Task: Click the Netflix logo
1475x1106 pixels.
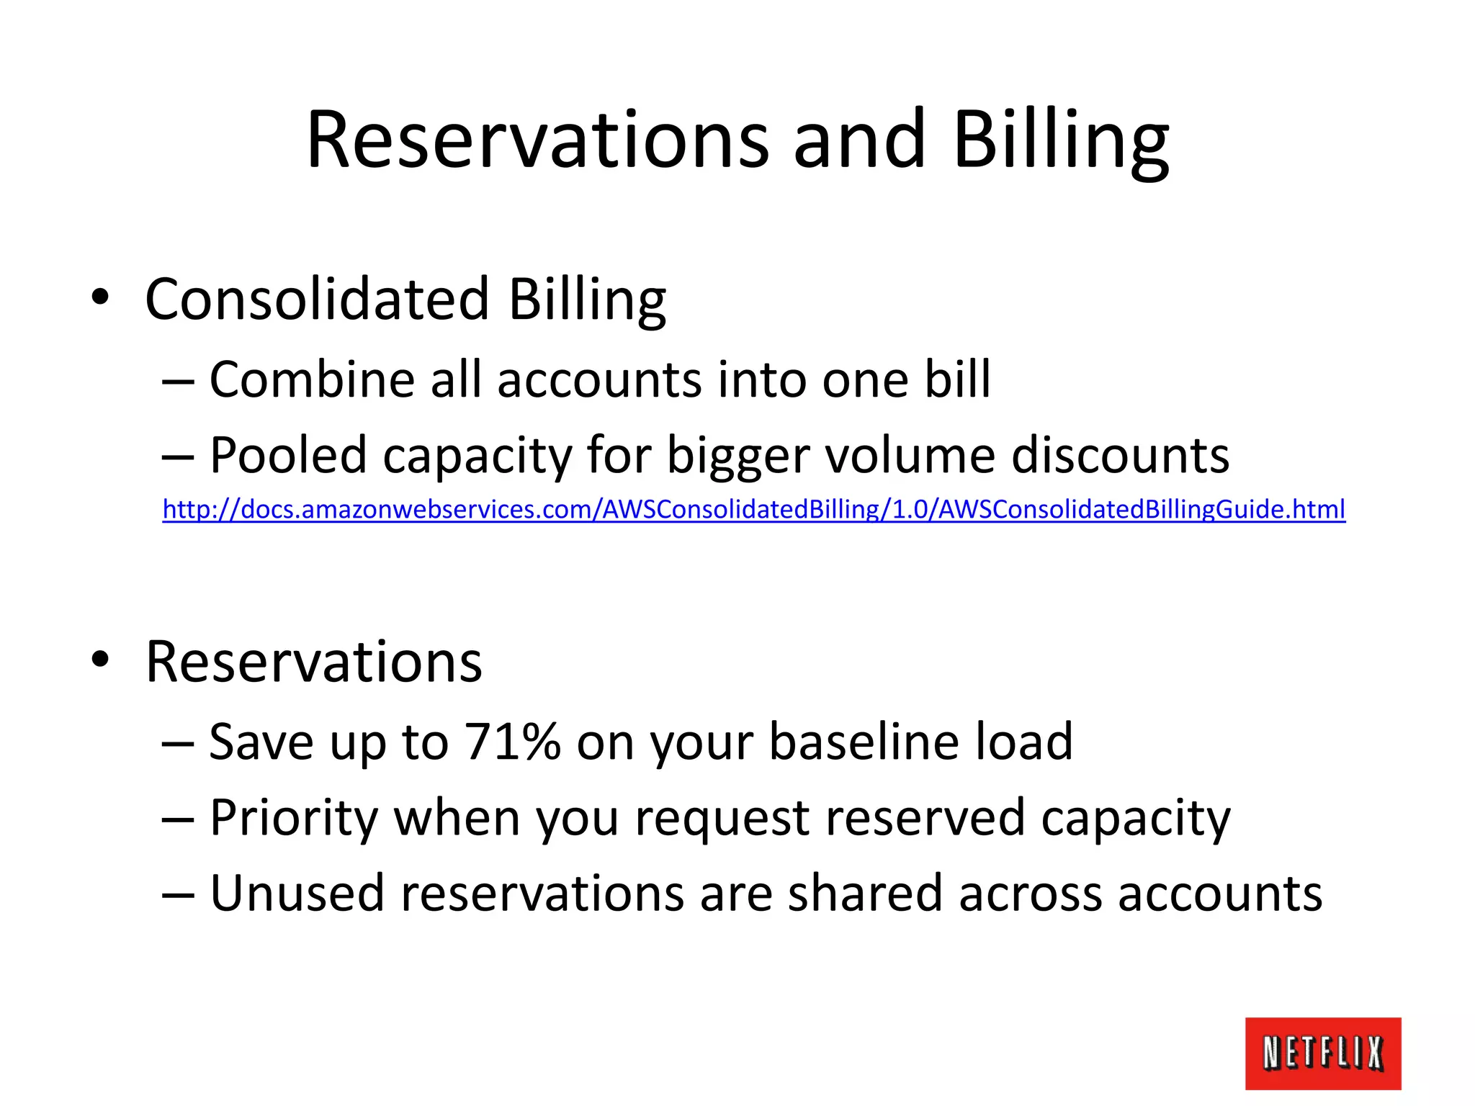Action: click(x=1322, y=1053)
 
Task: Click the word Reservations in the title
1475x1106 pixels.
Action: click(x=537, y=140)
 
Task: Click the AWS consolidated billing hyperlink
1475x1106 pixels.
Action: click(x=753, y=509)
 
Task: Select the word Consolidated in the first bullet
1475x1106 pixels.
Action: click(x=318, y=299)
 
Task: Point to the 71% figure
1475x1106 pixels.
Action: click(x=512, y=741)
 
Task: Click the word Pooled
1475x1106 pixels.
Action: click(x=288, y=455)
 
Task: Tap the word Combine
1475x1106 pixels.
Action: click(x=311, y=379)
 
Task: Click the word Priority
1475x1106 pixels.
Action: click(x=293, y=818)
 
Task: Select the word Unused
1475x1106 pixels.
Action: click(x=297, y=893)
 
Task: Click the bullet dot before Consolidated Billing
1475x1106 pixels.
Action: click(x=100, y=297)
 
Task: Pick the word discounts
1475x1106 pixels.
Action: click(x=1120, y=455)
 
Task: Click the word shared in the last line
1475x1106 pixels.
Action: click(x=864, y=893)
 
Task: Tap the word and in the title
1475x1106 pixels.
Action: click(x=858, y=140)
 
